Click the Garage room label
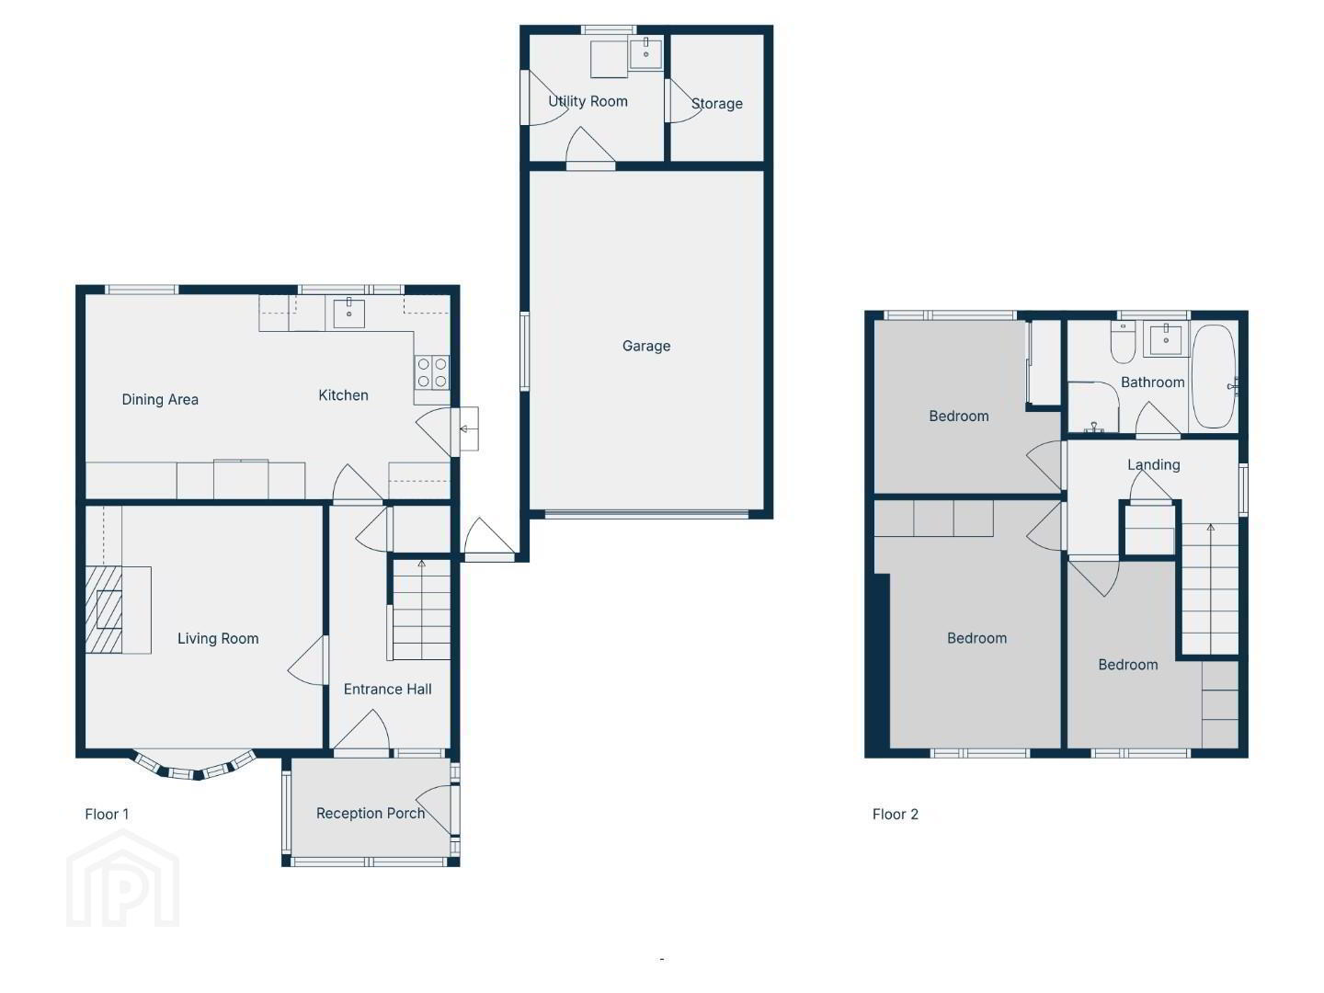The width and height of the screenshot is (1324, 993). click(x=646, y=346)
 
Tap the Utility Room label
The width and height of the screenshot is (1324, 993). click(x=588, y=101)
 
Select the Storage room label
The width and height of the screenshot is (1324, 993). click(x=716, y=104)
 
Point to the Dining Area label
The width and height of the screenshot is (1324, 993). click(x=160, y=399)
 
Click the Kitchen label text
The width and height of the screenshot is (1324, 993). click(x=343, y=395)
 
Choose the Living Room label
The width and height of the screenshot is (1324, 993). click(x=218, y=638)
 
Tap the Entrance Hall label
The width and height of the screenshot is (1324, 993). click(x=387, y=690)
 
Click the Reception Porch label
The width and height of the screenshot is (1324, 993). click(x=371, y=814)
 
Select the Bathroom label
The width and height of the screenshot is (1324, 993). click(x=1152, y=382)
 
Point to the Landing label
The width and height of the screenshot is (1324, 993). click(x=1153, y=465)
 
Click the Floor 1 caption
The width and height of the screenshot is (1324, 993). click(x=107, y=815)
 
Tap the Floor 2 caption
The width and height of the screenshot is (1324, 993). click(x=896, y=815)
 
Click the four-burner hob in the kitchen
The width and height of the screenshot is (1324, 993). click(x=432, y=372)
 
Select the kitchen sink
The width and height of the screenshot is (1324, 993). click(x=348, y=314)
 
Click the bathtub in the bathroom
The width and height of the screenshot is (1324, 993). click(x=1214, y=377)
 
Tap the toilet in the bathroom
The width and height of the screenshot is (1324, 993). click(x=1123, y=342)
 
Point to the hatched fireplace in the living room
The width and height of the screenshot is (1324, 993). click(x=104, y=610)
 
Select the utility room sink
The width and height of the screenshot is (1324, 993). click(x=645, y=52)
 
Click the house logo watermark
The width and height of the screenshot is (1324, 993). click(x=122, y=878)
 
